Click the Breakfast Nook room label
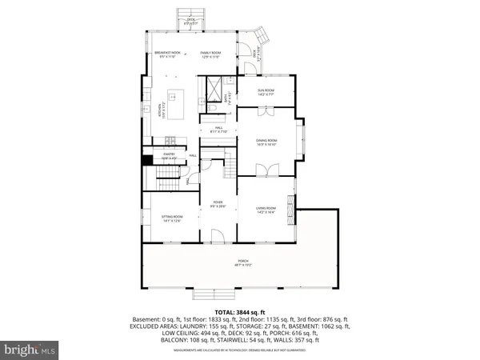(169, 54)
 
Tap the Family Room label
(210, 54)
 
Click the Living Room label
(266, 210)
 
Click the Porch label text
(242, 262)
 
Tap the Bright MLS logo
(30, 350)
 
